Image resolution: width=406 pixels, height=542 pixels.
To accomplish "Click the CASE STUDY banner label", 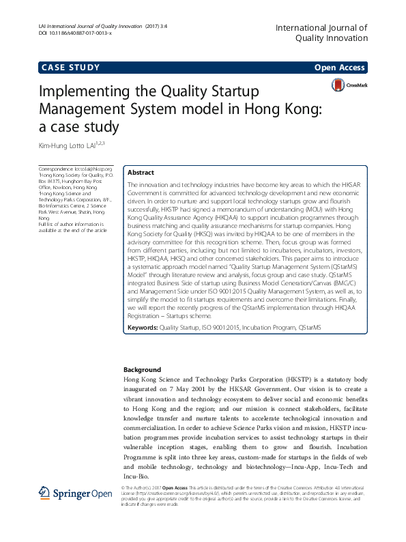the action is tap(71, 67).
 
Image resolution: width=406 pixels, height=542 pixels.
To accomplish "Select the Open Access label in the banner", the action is tap(339, 68).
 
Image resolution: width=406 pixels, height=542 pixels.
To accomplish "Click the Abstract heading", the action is tap(141, 173).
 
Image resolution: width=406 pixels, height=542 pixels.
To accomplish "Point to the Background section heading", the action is tap(142, 369).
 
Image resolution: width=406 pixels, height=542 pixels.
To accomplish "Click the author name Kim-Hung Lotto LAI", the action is tap(70, 144).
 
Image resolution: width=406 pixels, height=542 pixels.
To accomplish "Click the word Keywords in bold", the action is tap(143, 328).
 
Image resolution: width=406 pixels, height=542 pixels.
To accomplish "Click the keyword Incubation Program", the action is tap(263, 328).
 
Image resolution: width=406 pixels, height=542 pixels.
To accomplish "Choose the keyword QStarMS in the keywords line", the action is tap(308, 328).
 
